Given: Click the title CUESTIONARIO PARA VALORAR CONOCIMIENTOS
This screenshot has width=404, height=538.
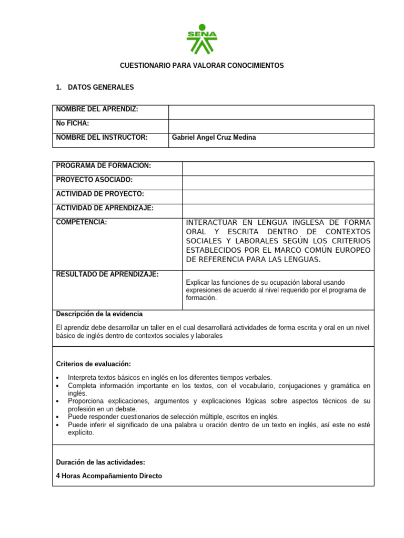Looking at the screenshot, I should [x=202, y=66].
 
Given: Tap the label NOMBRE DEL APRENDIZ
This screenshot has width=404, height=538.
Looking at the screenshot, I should [x=97, y=109].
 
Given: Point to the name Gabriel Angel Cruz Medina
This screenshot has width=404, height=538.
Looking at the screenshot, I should [x=214, y=138].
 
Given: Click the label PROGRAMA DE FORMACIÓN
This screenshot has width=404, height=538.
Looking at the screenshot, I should [x=103, y=166].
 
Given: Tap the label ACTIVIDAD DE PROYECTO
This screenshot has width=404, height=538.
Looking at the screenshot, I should [x=99, y=194].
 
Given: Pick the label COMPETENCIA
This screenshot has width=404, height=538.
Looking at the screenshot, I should [x=81, y=222].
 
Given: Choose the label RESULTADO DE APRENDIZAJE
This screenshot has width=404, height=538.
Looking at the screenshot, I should [x=107, y=274].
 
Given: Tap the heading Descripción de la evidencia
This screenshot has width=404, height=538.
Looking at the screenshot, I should [x=99, y=314].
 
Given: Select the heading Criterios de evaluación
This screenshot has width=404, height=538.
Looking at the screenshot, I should [x=93, y=364].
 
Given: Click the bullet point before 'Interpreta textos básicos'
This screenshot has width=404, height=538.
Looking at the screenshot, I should [x=57, y=378].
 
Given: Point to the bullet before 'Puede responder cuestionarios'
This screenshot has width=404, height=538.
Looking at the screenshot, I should [x=57, y=417].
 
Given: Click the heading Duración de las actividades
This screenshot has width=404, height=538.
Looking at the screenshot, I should [x=100, y=462].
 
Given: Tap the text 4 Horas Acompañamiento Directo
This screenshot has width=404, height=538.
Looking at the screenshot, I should [x=109, y=476].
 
